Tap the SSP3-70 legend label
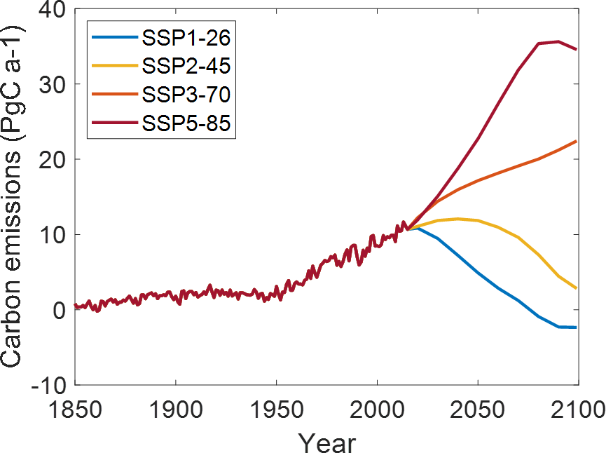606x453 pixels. click(x=186, y=93)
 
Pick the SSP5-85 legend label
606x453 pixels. click(x=186, y=123)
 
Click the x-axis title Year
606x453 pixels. click(x=326, y=441)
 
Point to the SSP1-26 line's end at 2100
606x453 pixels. click(x=577, y=327)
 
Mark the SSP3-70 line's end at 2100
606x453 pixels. click(x=577, y=141)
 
